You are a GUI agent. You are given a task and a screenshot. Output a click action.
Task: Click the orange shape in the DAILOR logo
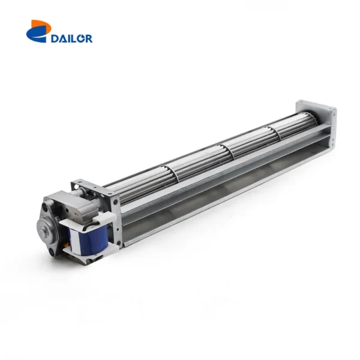pyautogui.click(x=41, y=25)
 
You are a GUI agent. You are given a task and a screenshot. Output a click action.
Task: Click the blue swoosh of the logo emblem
pyautogui.click(x=37, y=34)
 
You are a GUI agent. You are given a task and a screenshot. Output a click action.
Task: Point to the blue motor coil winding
pyautogui.click(x=88, y=240)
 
